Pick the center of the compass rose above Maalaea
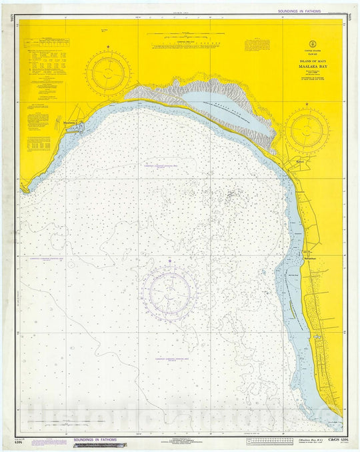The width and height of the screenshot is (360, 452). point(108,73)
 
